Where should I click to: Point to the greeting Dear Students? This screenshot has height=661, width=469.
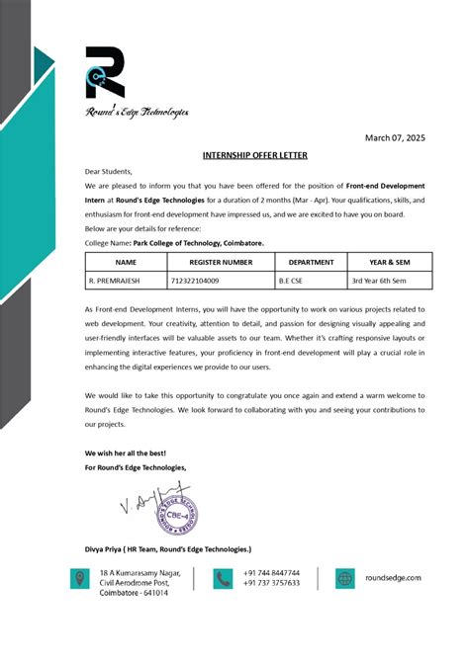click(x=108, y=171)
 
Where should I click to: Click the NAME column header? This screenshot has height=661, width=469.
click(x=126, y=263)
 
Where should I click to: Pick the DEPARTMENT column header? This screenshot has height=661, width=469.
click(x=311, y=263)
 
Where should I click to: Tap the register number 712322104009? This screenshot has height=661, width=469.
click(x=198, y=281)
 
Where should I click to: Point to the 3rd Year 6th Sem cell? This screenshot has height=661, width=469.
click(x=382, y=281)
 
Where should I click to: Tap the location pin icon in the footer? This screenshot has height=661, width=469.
click(x=78, y=579)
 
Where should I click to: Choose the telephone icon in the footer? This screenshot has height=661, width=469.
click(x=223, y=579)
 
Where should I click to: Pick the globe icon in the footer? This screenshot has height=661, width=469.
click(x=343, y=579)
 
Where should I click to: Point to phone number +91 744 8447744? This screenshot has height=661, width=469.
click(x=271, y=572)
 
